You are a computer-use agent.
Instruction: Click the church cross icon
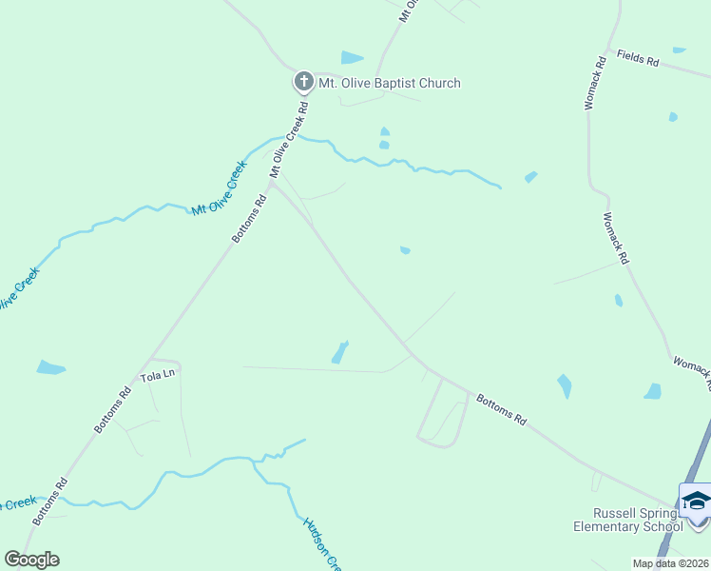coord(303,82)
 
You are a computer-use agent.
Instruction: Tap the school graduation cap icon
coord(696,500)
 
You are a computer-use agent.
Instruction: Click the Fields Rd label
coord(637,58)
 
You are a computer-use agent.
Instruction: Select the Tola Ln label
coord(158,375)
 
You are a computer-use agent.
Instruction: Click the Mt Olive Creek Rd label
coord(290,140)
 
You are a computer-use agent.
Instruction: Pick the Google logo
coord(31,559)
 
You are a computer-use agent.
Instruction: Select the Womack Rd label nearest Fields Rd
coord(595,86)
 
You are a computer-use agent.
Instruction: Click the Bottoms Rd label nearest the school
coord(501,409)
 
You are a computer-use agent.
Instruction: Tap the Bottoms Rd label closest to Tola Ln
coord(113,410)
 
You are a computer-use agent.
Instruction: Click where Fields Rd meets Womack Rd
coord(605,51)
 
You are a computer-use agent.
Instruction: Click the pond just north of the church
coord(352,58)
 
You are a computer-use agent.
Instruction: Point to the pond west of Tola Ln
coord(50,367)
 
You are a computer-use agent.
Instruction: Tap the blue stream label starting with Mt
coord(220,187)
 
